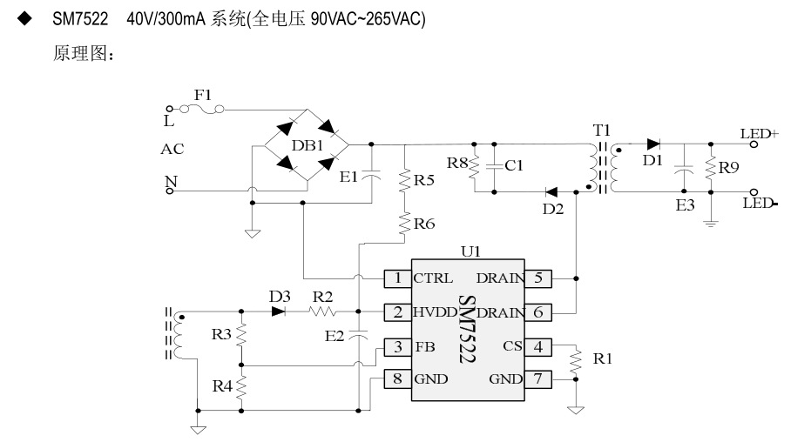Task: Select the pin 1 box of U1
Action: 397,278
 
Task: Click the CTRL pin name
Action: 433,278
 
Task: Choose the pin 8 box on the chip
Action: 397,378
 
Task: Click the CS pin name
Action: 512,346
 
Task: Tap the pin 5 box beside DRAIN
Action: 537,278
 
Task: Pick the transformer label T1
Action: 602,130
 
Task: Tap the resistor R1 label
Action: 602,358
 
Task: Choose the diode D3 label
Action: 279,297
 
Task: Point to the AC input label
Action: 172,150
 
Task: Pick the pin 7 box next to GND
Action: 537,378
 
